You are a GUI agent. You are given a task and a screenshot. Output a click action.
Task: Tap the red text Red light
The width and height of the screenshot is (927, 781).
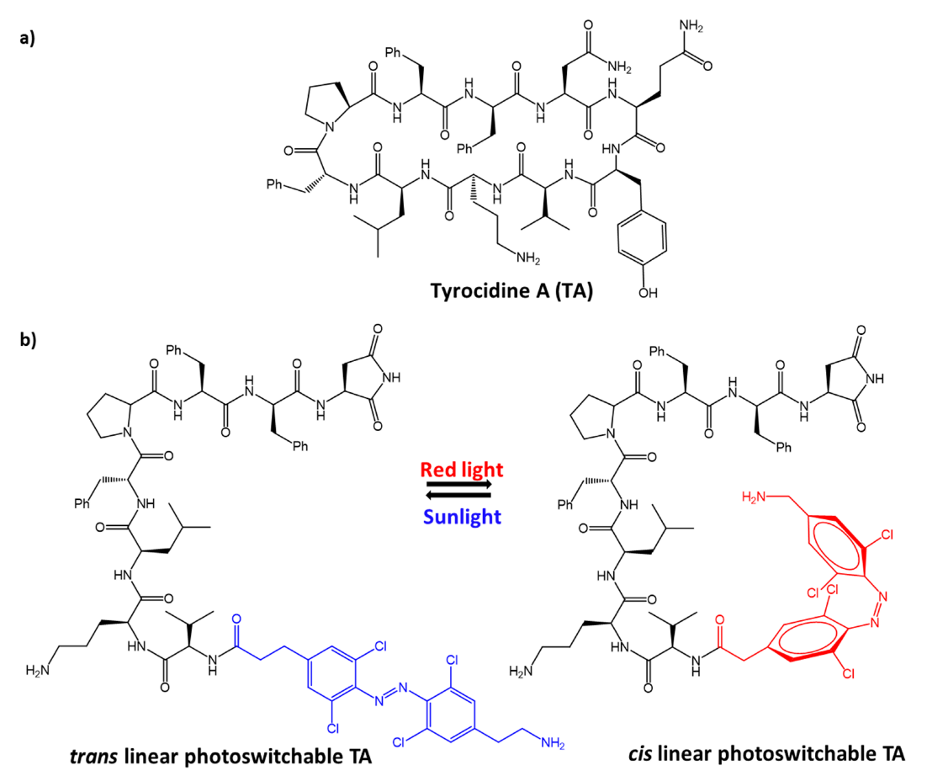pyautogui.click(x=463, y=469)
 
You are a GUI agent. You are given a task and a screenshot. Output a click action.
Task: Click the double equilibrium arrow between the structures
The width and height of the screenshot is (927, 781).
pyautogui.click(x=463, y=491)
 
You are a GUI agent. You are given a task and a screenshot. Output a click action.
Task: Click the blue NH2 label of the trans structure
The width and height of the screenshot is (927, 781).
pyautogui.click(x=552, y=741)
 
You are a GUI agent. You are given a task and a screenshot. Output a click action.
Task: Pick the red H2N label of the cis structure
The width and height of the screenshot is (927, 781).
pyautogui.click(x=756, y=498)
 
